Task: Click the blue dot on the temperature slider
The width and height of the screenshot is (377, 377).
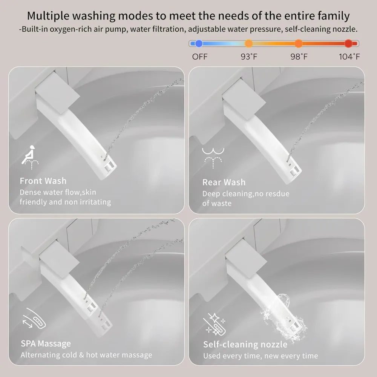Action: [199, 43]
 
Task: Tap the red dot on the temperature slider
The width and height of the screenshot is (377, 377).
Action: [348, 43]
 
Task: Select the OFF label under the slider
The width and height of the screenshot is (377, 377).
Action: [199, 57]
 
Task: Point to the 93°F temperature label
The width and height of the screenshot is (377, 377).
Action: [249, 57]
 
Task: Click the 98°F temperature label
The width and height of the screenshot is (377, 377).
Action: [299, 57]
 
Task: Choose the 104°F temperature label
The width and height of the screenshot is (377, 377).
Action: [349, 57]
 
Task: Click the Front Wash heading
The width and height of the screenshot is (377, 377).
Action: [43, 181]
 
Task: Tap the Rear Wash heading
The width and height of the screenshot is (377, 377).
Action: [224, 182]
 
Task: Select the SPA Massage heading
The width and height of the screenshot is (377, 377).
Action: [46, 343]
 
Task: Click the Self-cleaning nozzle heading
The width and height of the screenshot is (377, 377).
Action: [245, 345]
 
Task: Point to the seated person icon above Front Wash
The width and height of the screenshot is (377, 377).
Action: [30, 157]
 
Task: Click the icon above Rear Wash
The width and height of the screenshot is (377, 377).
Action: [213, 158]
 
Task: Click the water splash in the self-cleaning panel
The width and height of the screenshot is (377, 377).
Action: [284, 317]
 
